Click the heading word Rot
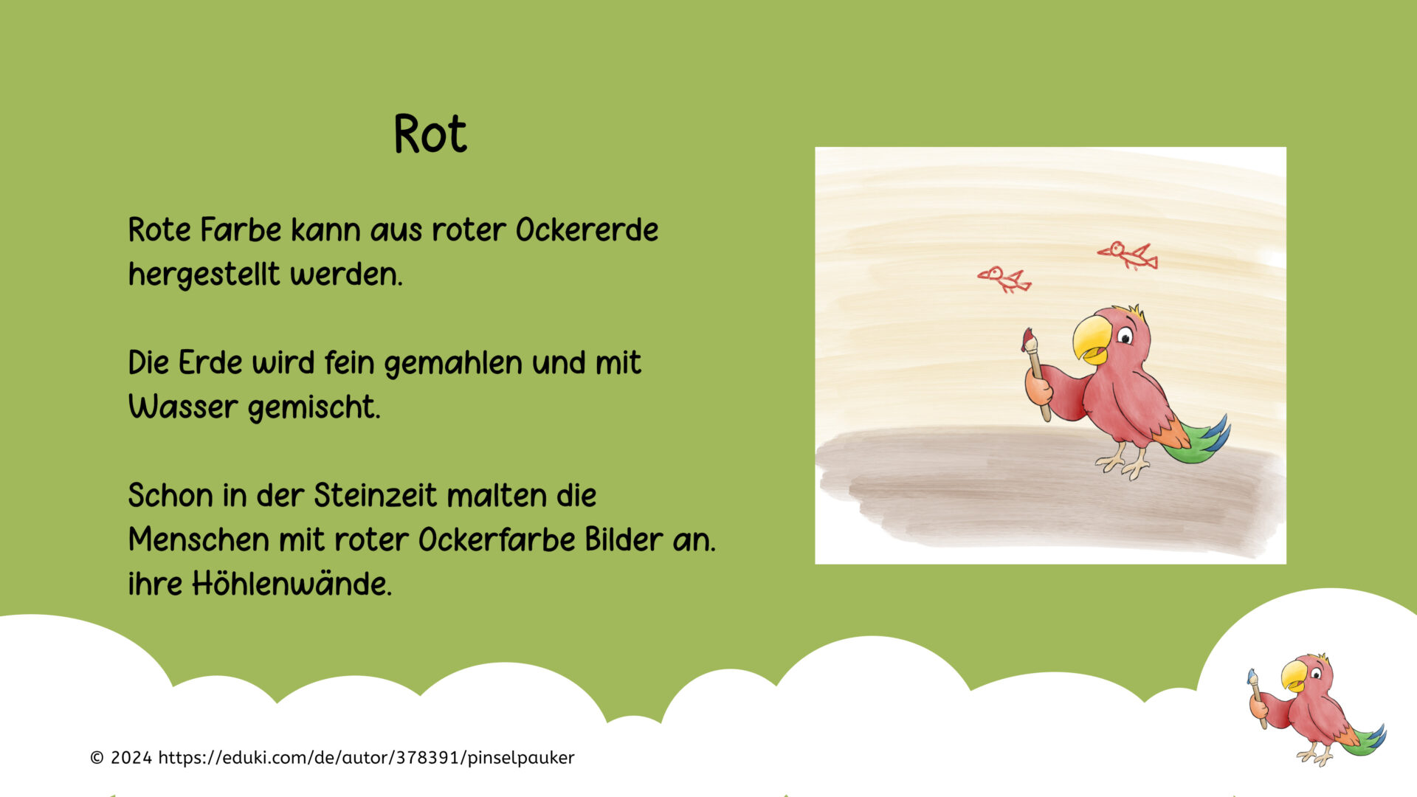[x=430, y=134]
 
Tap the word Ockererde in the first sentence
[x=587, y=230]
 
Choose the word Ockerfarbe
[x=497, y=540]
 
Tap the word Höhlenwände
[x=292, y=584]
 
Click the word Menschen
[x=199, y=540]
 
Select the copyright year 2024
[x=131, y=758]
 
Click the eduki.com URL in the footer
[x=366, y=758]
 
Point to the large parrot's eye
[x=1125, y=337]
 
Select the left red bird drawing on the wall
[x=1004, y=280]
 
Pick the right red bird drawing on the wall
[x=1128, y=255]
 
